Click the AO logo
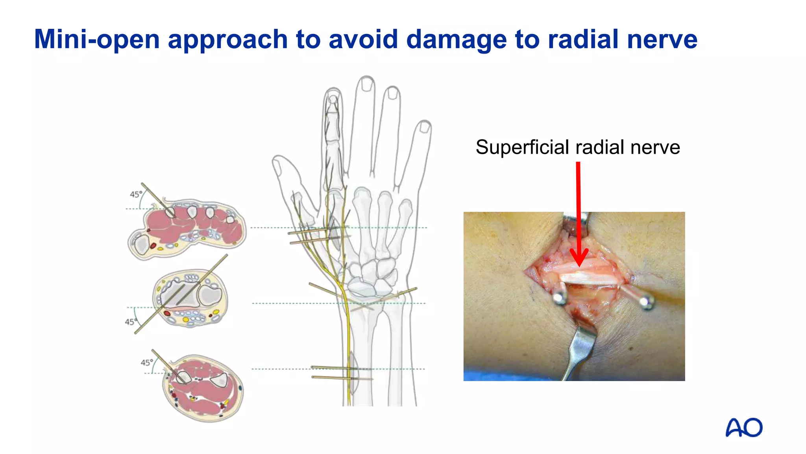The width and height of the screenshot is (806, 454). [744, 428]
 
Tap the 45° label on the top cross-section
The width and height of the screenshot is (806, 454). [136, 194]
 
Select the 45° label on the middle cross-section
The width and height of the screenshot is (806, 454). [131, 322]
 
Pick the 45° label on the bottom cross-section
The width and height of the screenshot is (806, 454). [147, 362]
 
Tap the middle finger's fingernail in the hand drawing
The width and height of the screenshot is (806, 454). [367, 84]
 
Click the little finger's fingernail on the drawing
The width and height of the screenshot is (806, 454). [425, 127]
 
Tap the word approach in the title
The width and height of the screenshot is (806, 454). [228, 39]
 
